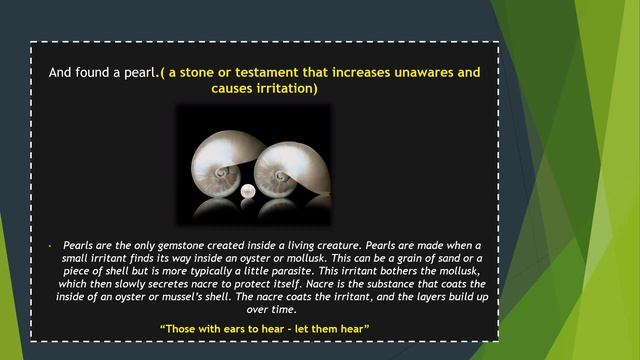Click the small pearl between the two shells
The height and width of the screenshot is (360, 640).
[248, 191]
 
